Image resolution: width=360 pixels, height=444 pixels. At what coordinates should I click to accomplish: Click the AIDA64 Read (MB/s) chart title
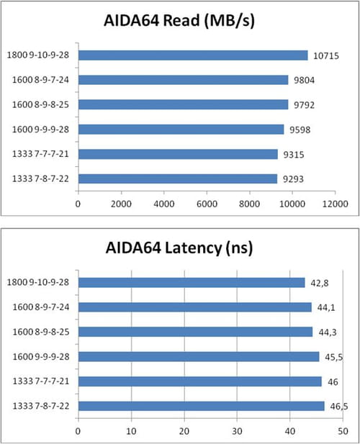[x=179, y=21]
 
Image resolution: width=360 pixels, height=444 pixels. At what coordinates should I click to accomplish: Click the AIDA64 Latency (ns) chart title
[x=179, y=248]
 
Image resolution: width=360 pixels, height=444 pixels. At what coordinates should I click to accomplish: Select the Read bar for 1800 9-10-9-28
[x=193, y=55]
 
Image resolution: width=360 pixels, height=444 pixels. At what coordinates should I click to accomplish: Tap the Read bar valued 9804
[x=184, y=80]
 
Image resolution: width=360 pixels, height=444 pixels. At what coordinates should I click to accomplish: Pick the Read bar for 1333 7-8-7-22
[x=178, y=178]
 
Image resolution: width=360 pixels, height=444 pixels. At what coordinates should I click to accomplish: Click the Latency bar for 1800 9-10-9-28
[x=192, y=283]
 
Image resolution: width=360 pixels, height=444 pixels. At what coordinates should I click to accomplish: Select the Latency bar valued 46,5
[x=202, y=406]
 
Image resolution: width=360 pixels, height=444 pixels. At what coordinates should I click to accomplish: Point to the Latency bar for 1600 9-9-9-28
[x=199, y=356]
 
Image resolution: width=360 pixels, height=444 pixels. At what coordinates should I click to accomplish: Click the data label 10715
[x=326, y=56]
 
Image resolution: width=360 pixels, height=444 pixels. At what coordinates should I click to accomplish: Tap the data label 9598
[x=300, y=130]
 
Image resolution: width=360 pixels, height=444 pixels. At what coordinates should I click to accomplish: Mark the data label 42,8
[x=320, y=283]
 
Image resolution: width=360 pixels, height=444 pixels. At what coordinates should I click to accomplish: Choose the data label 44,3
[x=328, y=332]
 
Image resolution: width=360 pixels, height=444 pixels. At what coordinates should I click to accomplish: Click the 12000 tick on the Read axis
[x=336, y=204]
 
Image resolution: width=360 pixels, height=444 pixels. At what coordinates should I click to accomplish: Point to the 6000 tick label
[x=207, y=204]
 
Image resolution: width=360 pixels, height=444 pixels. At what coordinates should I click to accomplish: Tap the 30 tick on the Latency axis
[x=237, y=431]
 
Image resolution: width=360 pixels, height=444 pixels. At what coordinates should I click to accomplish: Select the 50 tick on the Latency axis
[x=343, y=431]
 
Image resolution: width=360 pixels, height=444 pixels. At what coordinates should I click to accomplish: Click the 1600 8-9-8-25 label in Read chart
[x=40, y=105]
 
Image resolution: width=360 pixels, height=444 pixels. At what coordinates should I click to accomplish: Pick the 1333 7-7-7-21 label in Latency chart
[x=41, y=381]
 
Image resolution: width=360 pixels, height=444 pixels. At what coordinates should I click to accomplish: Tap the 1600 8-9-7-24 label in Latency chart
[x=41, y=307]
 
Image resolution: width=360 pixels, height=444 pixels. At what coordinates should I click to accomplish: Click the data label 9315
[x=294, y=155]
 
